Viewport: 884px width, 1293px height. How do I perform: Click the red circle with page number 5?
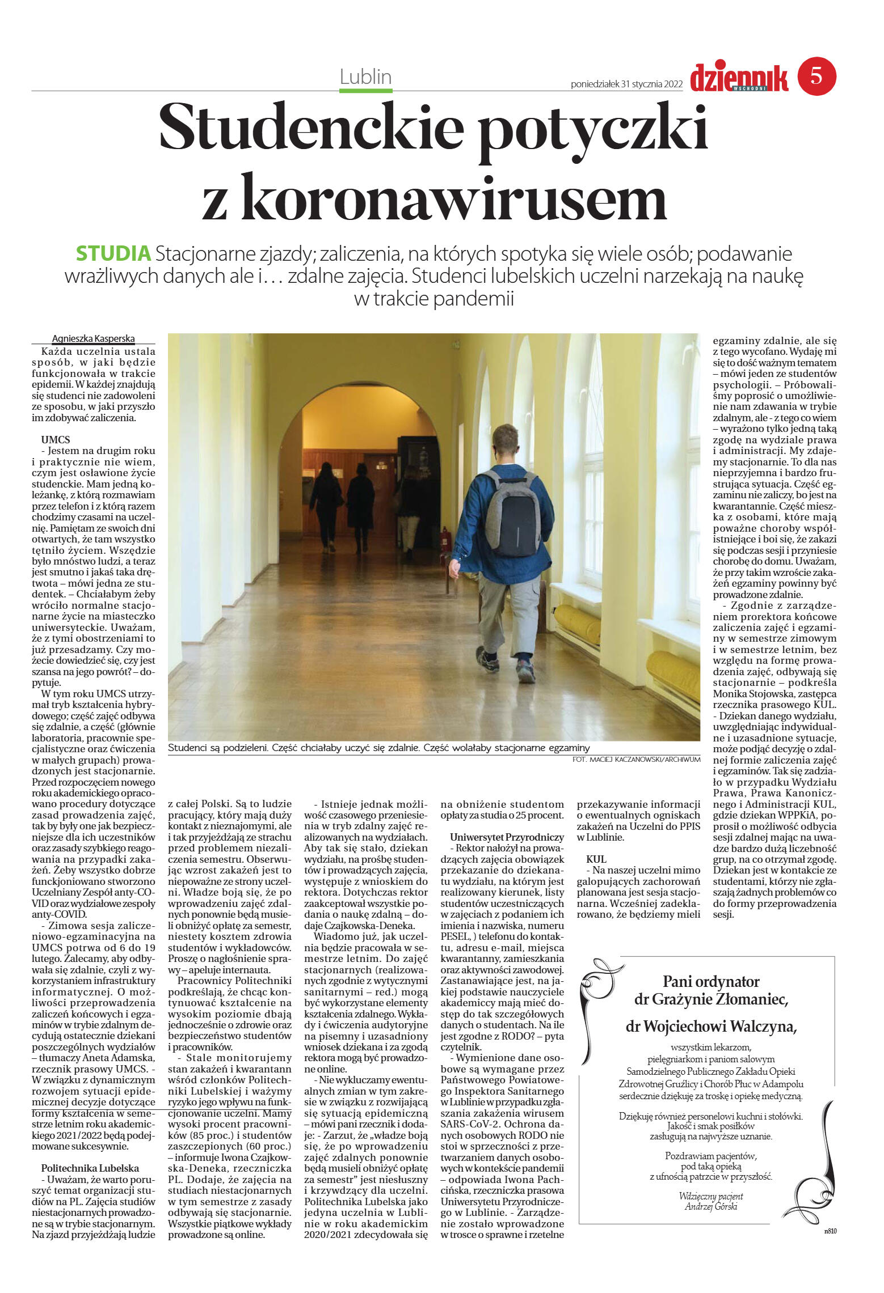click(816, 76)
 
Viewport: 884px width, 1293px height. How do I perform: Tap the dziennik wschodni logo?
click(738, 78)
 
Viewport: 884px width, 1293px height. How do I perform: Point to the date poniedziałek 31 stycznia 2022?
click(626, 84)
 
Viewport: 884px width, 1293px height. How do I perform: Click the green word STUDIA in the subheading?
click(113, 253)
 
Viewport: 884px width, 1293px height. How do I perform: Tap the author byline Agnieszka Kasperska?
click(93, 338)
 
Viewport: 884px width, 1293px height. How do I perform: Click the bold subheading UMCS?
click(55, 439)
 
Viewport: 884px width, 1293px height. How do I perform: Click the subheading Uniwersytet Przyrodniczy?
click(506, 837)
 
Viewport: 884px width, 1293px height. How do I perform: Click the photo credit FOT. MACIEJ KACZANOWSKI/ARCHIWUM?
click(636, 759)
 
